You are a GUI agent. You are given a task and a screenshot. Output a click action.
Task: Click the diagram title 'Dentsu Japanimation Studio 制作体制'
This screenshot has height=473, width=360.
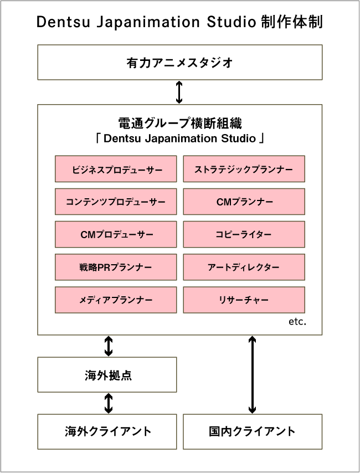179,22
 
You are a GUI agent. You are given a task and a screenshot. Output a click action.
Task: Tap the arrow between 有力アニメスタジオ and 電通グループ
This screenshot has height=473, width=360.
179,92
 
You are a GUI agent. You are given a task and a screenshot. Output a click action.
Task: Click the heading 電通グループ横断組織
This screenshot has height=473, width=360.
179,123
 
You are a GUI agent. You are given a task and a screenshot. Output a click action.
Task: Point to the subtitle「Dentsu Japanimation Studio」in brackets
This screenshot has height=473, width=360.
179,138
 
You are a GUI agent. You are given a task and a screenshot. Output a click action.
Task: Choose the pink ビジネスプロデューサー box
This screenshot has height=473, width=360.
116,169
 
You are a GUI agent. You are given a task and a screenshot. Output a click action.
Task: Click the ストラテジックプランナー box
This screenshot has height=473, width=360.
244,169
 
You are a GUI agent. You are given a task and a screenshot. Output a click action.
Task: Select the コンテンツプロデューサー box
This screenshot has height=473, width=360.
116,202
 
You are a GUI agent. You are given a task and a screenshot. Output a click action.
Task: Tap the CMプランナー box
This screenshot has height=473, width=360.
244,202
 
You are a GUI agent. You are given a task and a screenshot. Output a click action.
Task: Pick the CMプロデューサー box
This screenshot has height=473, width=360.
116,234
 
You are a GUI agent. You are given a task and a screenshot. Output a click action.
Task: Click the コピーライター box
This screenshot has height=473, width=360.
244,234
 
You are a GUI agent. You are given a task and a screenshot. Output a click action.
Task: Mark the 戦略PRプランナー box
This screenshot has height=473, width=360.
116,267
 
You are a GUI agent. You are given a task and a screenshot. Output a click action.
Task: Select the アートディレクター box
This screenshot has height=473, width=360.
244,267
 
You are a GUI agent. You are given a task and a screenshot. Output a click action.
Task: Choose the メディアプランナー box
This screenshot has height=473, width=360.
116,300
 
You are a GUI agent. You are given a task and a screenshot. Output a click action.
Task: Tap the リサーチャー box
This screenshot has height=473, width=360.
244,300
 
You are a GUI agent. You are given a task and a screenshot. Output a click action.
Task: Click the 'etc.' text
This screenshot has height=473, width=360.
297,322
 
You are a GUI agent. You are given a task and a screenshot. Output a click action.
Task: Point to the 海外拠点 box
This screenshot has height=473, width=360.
107,375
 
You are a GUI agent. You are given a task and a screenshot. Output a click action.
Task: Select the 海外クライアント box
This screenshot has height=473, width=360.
107,431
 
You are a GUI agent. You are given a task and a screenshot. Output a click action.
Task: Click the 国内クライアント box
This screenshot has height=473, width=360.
253,431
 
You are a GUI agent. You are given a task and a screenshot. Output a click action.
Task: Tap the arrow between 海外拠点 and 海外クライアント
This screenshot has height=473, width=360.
109,403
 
